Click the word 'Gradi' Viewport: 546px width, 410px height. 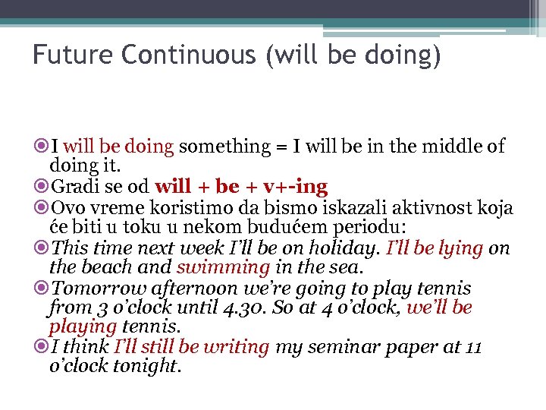70,187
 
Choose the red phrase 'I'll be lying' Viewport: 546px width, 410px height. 435,248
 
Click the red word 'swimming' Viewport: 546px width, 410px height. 223,267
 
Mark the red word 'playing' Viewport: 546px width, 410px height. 83,327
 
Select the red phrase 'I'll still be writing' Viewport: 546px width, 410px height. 191,348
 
